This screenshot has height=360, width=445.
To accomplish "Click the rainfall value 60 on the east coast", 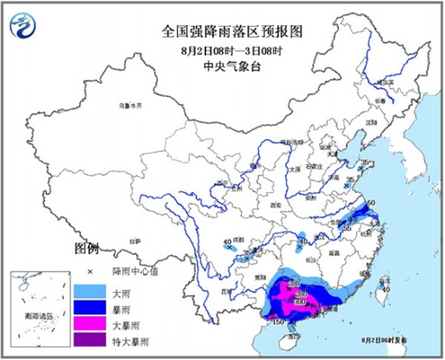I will [x=371, y=203].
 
